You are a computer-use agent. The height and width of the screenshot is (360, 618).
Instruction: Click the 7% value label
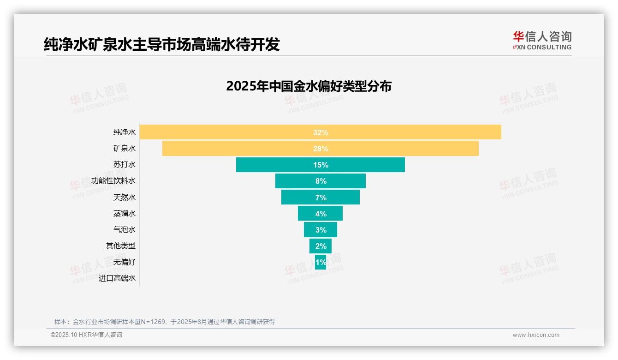tap(321, 198)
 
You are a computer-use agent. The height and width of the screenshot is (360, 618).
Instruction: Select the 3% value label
tap(321, 230)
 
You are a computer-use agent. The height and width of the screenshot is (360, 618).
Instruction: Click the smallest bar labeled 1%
tap(321, 262)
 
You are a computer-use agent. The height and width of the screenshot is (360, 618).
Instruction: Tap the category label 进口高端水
tap(117, 278)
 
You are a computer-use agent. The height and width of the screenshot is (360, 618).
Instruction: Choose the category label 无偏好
tap(125, 262)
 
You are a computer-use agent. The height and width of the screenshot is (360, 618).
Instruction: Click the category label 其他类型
tap(121, 246)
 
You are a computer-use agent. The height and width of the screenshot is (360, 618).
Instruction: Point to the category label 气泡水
tap(125, 229)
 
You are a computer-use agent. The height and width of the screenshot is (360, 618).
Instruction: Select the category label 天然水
tap(125, 197)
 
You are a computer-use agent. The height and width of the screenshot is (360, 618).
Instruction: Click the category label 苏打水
tap(125, 164)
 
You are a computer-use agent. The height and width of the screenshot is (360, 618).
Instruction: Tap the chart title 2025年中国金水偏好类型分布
tap(309, 86)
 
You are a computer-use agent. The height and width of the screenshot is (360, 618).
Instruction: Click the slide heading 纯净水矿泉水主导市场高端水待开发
tap(161, 44)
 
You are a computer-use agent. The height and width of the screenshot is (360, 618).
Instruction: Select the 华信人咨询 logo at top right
tap(542, 40)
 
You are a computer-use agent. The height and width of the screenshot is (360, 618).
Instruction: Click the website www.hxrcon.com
tap(536, 335)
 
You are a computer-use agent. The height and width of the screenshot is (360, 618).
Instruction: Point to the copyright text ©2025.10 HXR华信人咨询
tap(86, 335)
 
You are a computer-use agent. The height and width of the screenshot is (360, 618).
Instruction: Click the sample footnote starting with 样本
tap(164, 322)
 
